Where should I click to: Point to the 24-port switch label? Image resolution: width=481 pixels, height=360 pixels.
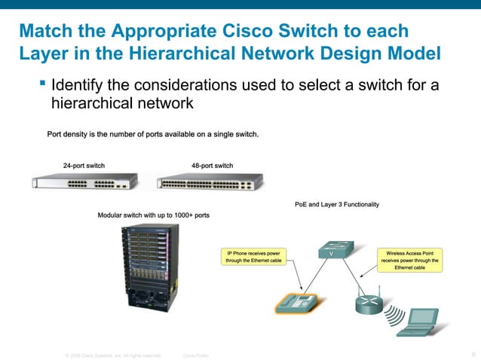click(x=84, y=166)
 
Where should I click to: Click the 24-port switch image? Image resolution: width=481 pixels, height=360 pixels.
click(x=84, y=182)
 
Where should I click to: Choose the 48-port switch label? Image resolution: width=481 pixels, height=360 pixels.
click(x=213, y=166)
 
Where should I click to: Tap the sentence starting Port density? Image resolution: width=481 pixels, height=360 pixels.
click(x=153, y=136)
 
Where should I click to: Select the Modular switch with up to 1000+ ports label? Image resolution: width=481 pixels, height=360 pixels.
click(x=154, y=215)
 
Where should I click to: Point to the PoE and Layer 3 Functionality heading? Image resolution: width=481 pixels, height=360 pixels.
click(x=337, y=204)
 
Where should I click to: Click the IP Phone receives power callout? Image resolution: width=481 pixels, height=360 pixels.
click(x=254, y=257)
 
